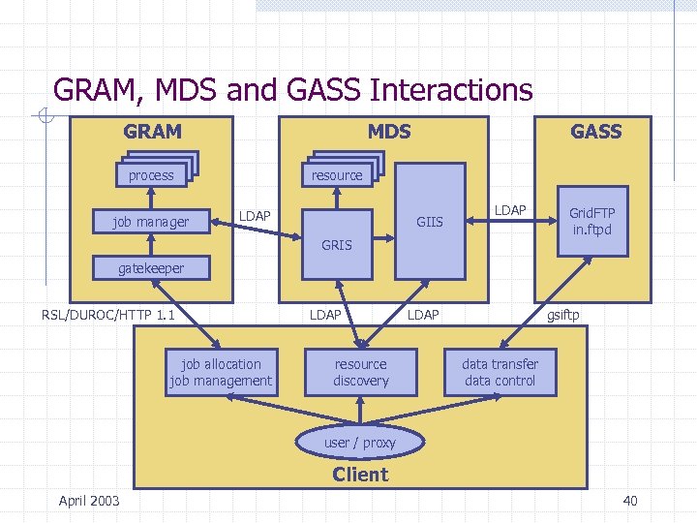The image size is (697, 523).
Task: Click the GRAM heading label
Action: [152, 132]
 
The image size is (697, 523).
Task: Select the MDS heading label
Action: [389, 132]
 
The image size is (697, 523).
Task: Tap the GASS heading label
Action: [595, 132]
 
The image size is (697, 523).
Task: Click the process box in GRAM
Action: [151, 175]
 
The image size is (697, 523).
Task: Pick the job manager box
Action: [151, 222]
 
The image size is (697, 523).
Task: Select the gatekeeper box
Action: [151, 268]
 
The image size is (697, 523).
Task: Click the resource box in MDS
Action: [337, 175]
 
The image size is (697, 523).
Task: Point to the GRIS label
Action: [337, 245]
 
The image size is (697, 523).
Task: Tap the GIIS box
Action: [429, 222]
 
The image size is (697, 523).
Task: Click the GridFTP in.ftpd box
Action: [592, 221]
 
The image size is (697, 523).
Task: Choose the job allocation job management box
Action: [221, 373]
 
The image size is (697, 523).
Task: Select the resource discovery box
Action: [360, 373]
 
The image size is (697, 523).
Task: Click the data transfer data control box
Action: [500, 373]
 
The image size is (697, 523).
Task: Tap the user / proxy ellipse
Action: [360, 443]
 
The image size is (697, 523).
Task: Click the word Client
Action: [360, 475]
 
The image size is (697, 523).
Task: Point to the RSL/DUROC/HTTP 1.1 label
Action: [108, 315]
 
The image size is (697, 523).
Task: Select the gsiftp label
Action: [563, 315]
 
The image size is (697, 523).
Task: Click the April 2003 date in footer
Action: [89, 501]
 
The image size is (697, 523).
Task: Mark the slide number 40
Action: [629, 501]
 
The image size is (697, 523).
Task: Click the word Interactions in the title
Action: [451, 90]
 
